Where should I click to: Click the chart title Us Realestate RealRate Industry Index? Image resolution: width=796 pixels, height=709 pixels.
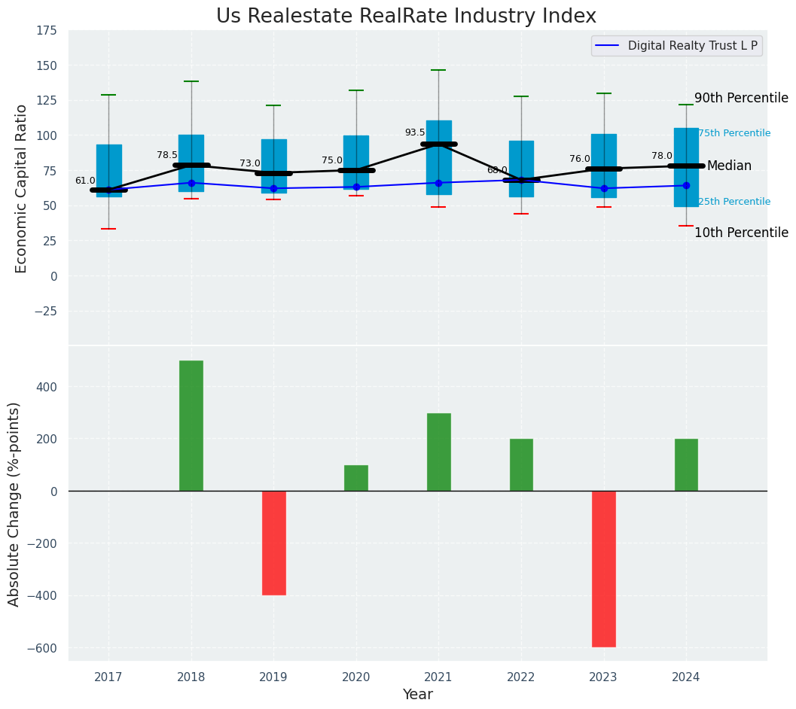point(406,17)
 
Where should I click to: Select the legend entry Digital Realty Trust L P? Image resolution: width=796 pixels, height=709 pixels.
point(692,46)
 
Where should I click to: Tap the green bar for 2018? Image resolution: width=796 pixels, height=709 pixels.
point(191,425)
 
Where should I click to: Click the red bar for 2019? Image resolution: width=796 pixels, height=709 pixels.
point(273,543)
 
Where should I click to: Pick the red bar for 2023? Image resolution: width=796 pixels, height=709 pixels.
point(604,568)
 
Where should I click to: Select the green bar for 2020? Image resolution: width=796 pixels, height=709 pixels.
point(356,478)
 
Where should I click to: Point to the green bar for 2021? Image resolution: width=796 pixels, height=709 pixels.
point(438,452)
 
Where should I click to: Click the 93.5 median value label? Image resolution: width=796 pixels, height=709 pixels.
point(415,132)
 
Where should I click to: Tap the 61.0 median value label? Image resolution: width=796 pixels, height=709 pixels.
point(85,181)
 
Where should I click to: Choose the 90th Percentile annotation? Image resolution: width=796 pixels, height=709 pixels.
point(741,99)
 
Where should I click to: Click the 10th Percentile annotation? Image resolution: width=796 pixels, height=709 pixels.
point(741,233)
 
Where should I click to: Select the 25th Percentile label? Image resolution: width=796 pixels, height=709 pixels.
point(734,202)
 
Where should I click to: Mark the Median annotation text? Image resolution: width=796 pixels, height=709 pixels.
point(729,166)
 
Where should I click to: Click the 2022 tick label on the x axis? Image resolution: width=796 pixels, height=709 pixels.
point(521,677)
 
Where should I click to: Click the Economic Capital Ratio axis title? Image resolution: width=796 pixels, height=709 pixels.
point(21,188)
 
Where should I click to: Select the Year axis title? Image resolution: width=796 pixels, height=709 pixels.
point(417,695)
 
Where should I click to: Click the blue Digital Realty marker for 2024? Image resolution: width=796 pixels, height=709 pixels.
point(686,185)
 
